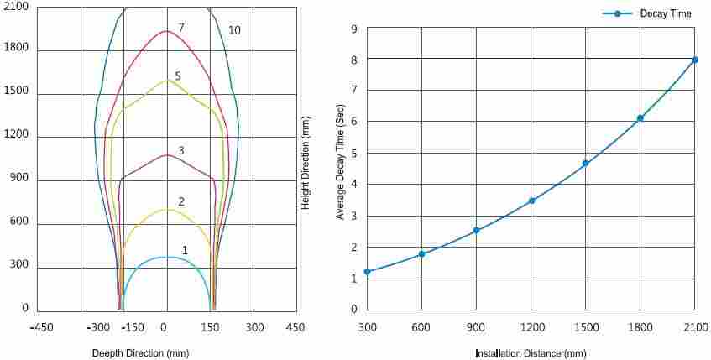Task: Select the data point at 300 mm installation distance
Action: (367, 272)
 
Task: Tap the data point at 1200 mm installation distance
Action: (531, 201)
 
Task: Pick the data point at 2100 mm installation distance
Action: (695, 60)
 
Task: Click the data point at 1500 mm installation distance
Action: (586, 163)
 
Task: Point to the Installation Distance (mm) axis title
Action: (531, 353)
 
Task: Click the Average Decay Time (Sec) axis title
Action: (340, 169)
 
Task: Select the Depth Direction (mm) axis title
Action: (140, 353)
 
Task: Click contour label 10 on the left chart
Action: (234, 30)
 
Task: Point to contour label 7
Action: (180, 28)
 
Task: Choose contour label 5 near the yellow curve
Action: (178, 76)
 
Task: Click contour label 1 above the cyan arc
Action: (185, 249)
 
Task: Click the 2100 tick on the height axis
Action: (16, 7)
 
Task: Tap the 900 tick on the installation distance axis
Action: (476, 326)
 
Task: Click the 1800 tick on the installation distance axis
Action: (640, 326)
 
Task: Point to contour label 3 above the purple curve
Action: (181, 151)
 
